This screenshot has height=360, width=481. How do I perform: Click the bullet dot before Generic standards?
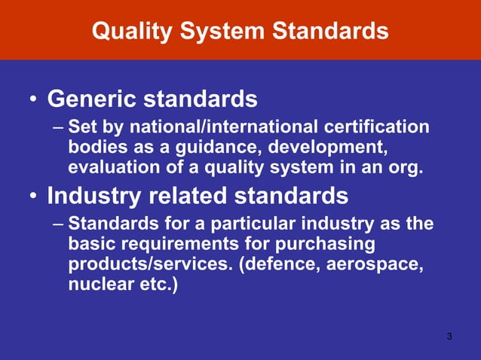point(33,100)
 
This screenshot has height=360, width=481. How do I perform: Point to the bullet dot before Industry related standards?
point(33,197)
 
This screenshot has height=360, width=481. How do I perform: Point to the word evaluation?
point(110,166)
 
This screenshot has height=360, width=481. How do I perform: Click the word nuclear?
point(97,286)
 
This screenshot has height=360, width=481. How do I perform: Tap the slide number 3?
point(449,336)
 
